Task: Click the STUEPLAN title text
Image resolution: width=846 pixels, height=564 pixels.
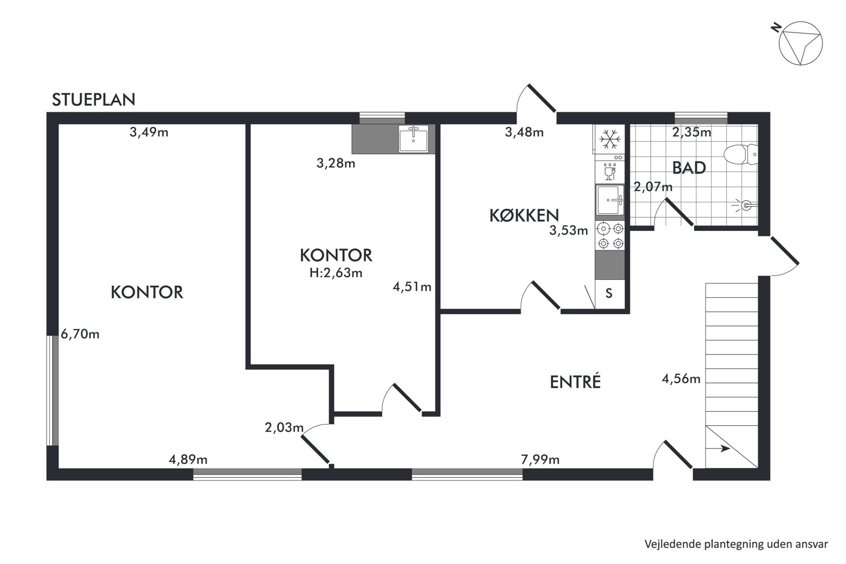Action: tap(93, 100)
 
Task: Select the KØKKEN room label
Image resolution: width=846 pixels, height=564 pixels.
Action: tap(524, 215)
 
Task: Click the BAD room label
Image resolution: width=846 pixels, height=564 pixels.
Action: tap(689, 168)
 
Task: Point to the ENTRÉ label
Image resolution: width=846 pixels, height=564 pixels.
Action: tap(575, 382)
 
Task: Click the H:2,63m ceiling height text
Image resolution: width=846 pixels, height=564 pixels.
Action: tap(336, 272)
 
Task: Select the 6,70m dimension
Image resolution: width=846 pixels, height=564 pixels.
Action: tap(80, 334)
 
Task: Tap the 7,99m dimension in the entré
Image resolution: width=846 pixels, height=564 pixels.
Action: tap(540, 459)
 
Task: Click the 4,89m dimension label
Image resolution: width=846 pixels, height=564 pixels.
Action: tap(188, 459)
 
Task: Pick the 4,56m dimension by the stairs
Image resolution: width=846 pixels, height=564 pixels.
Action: tap(681, 379)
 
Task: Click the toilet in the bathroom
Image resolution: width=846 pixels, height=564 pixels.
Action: tap(741, 154)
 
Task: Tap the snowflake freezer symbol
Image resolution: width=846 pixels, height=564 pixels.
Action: tap(610, 139)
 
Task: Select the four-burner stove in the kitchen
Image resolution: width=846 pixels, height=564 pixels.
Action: tap(610, 236)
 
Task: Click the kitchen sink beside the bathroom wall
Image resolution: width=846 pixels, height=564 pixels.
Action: tap(610, 200)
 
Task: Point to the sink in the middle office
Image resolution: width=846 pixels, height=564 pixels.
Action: tap(414, 139)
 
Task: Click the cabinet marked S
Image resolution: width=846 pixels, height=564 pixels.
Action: tap(610, 294)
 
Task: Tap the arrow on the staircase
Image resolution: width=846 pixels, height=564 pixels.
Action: tap(717, 449)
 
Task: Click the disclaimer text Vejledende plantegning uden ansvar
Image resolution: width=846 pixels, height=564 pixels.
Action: tap(736, 543)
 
